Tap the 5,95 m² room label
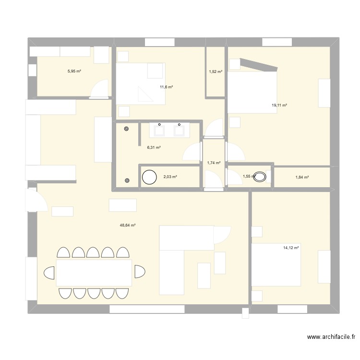[74, 71]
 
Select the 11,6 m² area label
[166, 87]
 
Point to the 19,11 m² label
[279, 105]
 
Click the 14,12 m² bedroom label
[291, 248]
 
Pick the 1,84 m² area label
[302, 177]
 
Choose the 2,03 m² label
[170, 177]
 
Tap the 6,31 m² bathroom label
[154, 147]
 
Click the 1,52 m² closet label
[216, 72]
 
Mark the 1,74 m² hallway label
[214, 163]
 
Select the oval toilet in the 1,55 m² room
[261, 177]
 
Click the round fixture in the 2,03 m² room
[149, 177]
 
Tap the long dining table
[94, 273]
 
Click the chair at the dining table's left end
[49, 273]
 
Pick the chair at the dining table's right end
[139, 272]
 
